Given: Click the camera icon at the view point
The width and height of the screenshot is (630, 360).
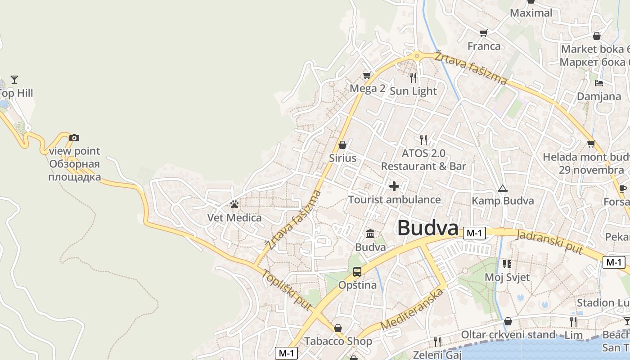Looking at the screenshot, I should (74, 138).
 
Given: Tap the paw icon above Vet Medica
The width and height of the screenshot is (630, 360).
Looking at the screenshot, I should (234, 204).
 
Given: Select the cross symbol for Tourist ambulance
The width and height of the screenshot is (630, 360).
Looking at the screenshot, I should (394, 186).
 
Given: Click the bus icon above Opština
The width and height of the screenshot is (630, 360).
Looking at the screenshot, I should (357, 271).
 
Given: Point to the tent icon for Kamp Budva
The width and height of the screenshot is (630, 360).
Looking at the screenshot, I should (502, 188).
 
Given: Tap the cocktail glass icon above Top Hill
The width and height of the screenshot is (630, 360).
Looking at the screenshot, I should (14, 80).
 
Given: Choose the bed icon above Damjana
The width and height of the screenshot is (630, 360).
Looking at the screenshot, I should (598, 83).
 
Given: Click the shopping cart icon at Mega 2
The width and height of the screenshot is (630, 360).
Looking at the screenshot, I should (367, 75).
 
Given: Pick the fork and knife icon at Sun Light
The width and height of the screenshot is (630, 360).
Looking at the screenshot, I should (413, 77).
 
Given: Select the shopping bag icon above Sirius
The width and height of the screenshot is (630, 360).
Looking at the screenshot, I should (342, 144).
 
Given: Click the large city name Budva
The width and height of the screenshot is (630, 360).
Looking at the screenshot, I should (427, 228).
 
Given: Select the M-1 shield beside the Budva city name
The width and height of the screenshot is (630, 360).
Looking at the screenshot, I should (475, 233).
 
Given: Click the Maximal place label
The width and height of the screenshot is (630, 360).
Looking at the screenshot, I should (531, 13).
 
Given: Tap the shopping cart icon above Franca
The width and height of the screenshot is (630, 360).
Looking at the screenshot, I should (484, 33).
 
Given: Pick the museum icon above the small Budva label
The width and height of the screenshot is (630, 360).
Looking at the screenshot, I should (370, 234).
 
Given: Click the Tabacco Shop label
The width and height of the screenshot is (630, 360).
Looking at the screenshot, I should (338, 341).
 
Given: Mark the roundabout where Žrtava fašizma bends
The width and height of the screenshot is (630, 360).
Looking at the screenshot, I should (417, 56).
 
